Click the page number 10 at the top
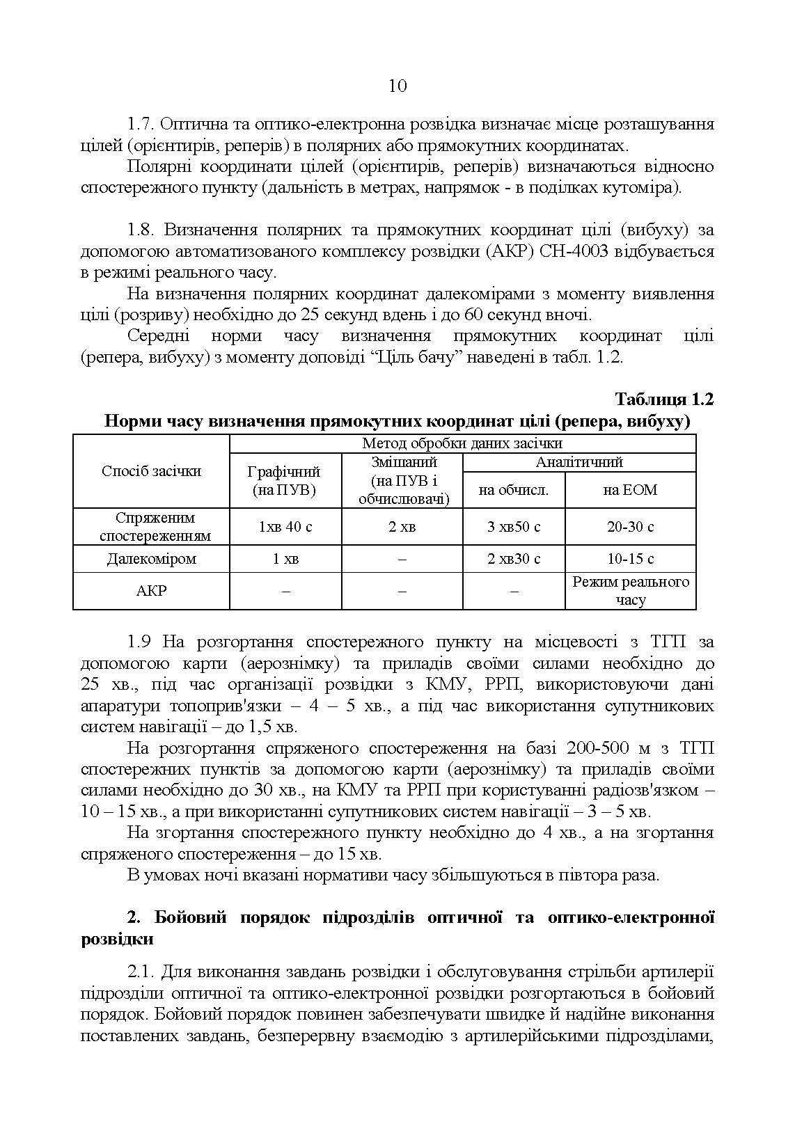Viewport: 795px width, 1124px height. (x=397, y=86)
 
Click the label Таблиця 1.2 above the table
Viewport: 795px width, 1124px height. (x=664, y=399)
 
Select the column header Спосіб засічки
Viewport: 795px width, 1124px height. (x=151, y=471)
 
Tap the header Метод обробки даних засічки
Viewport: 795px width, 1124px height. (x=462, y=443)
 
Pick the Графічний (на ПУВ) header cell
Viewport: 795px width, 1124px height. (x=285, y=480)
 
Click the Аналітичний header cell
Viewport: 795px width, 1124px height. (x=578, y=462)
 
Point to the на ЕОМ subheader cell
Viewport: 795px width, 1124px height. (x=630, y=490)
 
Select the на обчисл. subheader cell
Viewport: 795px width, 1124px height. (x=514, y=490)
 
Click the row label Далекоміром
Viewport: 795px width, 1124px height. (x=151, y=559)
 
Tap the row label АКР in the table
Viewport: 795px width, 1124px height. (x=151, y=591)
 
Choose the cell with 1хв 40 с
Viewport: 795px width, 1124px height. (x=285, y=527)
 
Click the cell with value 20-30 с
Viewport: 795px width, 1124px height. (x=630, y=527)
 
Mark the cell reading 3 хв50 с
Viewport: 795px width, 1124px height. (x=514, y=527)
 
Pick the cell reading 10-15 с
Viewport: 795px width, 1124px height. (x=630, y=559)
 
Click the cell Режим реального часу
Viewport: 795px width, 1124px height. (x=630, y=590)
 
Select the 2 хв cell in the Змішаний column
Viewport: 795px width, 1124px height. (x=402, y=527)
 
